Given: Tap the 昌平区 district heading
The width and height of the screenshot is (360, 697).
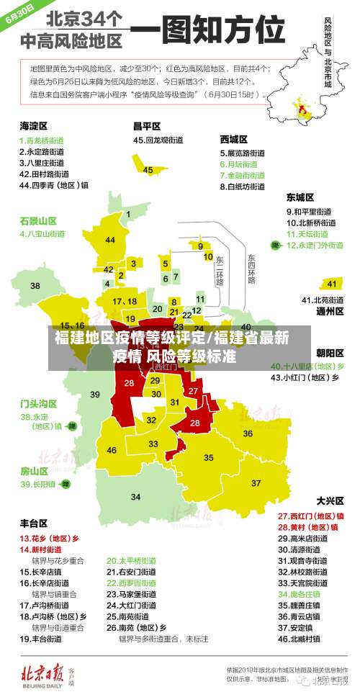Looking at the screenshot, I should (x=145, y=125).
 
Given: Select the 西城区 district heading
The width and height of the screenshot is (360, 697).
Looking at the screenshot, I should (x=234, y=139).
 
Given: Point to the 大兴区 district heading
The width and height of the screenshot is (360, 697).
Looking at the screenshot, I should (x=329, y=500).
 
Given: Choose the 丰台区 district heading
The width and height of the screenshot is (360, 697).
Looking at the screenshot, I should (x=34, y=523).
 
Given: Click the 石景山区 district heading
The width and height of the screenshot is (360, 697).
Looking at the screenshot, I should (x=37, y=220).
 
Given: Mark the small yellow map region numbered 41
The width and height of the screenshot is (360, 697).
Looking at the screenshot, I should (x=332, y=283).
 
